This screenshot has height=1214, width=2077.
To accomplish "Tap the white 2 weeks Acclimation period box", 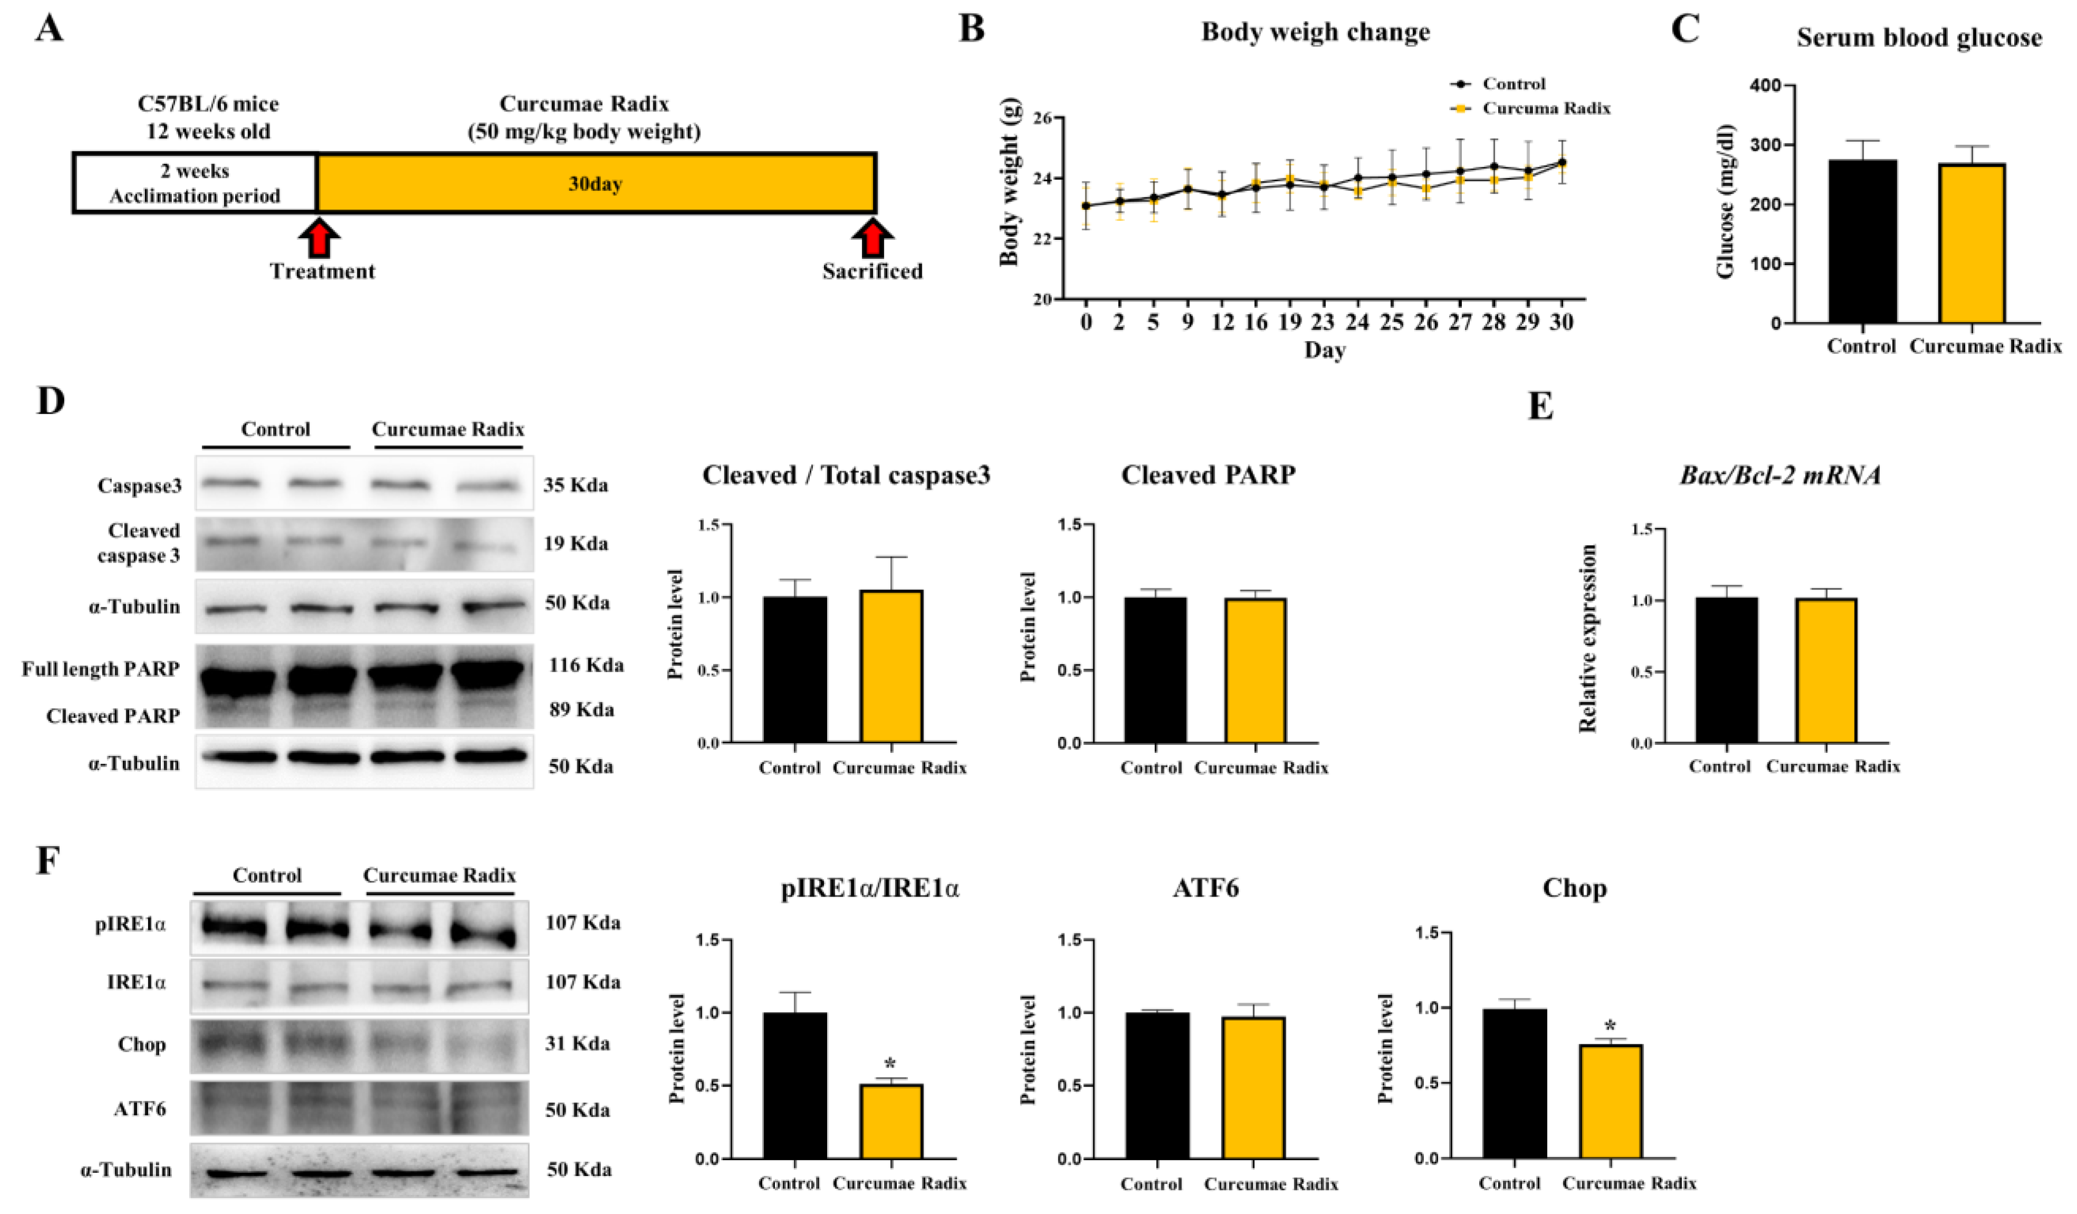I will click(x=196, y=183).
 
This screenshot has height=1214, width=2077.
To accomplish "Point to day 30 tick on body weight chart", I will click(x=1561, y=322).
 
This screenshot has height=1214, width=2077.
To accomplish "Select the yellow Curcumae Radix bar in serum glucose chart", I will click(x=1972, y=243).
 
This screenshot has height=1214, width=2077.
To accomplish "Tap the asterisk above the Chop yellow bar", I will click(x=1610, y=1027).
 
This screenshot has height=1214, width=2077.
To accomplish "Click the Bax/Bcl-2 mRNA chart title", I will click(x=1780, y=475).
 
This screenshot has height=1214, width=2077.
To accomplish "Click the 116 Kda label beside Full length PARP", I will click(x=586, y=665).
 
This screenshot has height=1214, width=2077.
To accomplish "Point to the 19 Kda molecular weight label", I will click(x=575, y=543).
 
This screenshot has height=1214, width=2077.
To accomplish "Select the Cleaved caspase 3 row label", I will click(x=139, y=543).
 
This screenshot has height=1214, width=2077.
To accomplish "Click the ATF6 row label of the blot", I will click(x=140, y=1109).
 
